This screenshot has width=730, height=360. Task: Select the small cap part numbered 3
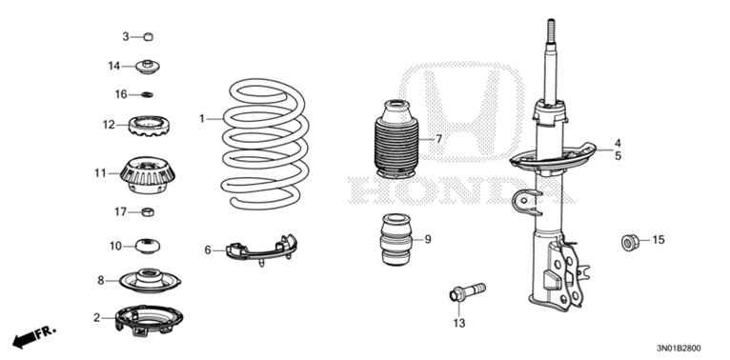click(x=148, y=37)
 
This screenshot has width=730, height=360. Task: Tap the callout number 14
click(x=114, y=66)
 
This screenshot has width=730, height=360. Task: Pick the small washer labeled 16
click(x=148, y=94)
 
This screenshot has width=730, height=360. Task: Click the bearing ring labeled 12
click(x=148, y=124)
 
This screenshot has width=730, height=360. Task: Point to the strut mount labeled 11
click(x=147, y=174)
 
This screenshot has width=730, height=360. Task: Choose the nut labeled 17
click(x=148, y=210)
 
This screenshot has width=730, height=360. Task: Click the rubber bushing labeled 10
click(x=148, y=246)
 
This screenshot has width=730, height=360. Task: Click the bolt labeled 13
click(x=464, y=290)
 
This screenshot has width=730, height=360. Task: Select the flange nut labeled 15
click(x=630, y=239)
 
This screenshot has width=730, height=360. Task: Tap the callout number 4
click(x=618, y=143)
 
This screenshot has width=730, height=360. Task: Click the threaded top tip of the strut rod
click(x=552, y=29)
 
